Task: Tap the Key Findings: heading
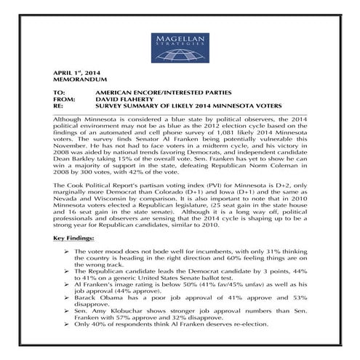73,238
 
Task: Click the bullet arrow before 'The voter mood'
67,251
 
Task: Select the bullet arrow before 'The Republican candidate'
67,270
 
